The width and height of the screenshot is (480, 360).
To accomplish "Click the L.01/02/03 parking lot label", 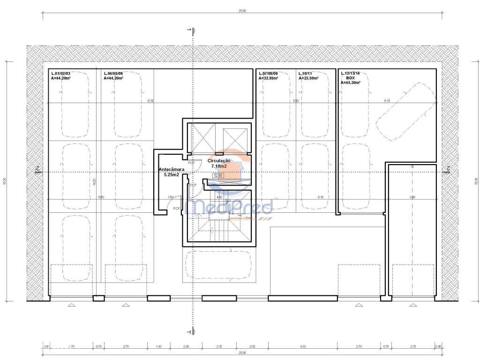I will [x=60, y=74].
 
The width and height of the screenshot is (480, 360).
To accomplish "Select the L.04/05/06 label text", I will [x=113, y=74].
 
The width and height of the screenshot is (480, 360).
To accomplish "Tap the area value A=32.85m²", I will [x=268, y=78].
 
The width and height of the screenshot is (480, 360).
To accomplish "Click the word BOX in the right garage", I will [x=350, y=78].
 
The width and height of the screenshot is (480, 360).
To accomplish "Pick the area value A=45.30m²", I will [x=351, y=82].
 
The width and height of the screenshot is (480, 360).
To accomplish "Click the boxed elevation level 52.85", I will [x=218, y=176].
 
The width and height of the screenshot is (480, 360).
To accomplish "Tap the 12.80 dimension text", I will [x=150, y=101].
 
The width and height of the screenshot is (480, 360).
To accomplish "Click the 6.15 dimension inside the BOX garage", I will [x=387, y=101].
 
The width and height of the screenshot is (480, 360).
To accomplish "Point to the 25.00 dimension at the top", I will [x=242, y=10].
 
